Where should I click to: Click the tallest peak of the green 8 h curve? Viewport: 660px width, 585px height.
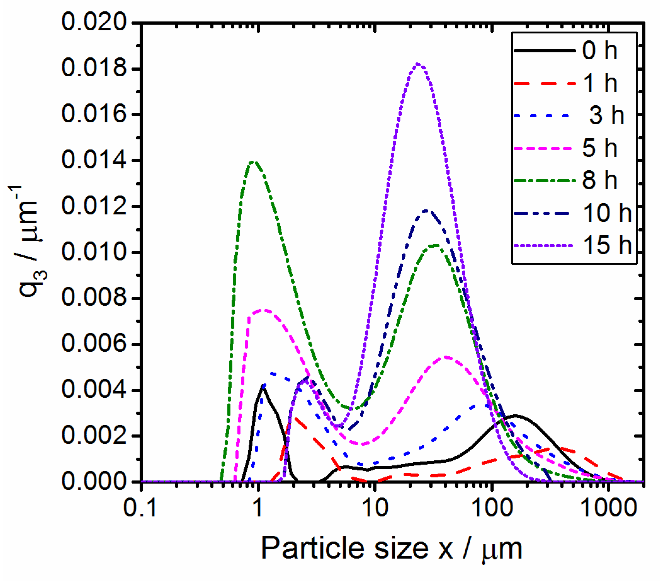(x=254, y=161)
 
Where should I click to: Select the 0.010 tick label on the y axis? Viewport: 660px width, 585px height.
(x=94, y=252)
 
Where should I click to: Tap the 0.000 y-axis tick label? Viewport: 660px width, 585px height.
(x=94, y=481)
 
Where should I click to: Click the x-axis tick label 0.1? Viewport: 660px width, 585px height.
(x=140, y=508)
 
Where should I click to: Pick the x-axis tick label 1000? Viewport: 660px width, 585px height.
(x=608, y=508)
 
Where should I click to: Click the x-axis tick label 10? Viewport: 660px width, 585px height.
(x=375, y=508)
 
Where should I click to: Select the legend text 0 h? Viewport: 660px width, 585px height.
(x=600, y=51)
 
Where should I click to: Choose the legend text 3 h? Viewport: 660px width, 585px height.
(x=606, y=115)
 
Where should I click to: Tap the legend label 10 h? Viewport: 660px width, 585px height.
(x=607, y=213)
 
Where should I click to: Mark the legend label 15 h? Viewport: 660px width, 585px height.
(x=607, y=245)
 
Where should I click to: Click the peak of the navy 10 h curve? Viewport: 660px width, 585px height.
(x=427, y=210)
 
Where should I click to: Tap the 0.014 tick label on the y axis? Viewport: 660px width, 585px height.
(x=94, y=160)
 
